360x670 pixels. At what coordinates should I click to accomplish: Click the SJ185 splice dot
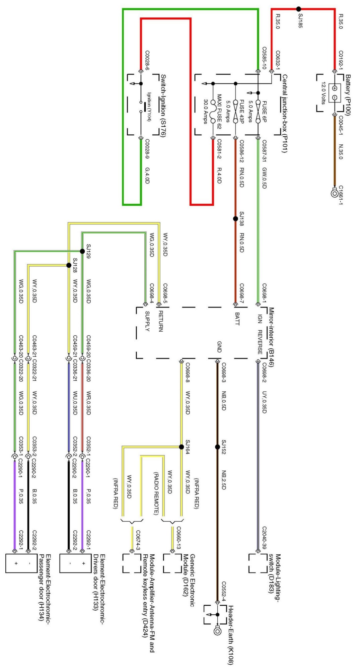pos(298,9)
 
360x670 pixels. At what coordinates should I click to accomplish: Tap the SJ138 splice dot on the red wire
pos(235,219)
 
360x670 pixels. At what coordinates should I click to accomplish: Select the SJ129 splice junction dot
pos(82,251)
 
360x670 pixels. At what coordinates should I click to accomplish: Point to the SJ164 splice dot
pos(182,447)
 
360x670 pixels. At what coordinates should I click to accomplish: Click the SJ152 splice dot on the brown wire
pos(217,447)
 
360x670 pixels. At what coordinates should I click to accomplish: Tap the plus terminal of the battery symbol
pos(335,88)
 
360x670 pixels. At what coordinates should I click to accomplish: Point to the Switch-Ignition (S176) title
pos(163,106)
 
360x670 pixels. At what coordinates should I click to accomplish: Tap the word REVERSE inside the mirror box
pos(260,342)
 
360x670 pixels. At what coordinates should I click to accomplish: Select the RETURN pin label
pos(160,321)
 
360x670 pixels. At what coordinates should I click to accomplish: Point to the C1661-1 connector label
pos(341,195)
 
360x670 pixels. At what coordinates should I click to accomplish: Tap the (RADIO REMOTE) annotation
pos(156,493)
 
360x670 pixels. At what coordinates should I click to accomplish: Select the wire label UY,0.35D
pos(264,402)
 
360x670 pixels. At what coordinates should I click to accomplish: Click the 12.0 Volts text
pos(323,93)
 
